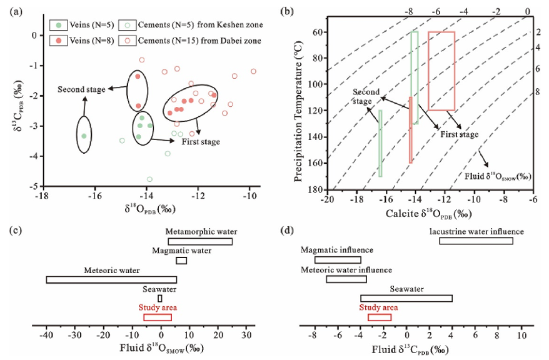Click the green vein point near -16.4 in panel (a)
(84, 136)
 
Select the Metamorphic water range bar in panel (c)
(200, 241)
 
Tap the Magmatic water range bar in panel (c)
(181, 261)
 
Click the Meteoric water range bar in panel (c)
(112, 280)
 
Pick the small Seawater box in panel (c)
(160, 299)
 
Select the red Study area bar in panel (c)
(158, 317)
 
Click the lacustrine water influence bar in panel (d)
(476, 241)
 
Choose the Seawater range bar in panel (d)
(406, 298)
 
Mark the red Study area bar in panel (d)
(380, 317)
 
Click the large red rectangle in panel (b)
(441, 71)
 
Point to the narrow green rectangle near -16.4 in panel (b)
(380, 143)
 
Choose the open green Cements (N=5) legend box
(128, 25)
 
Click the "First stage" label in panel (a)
(201, 142)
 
